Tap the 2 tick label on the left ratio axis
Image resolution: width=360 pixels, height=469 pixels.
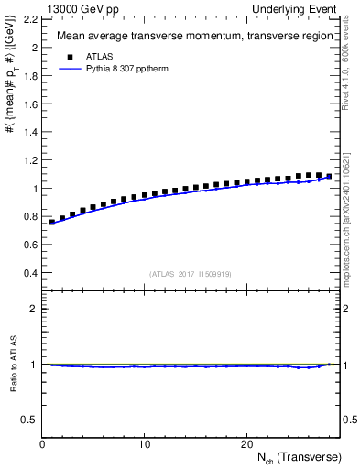click(33, 309)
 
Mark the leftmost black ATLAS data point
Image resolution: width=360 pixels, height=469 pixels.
click(52, 222)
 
